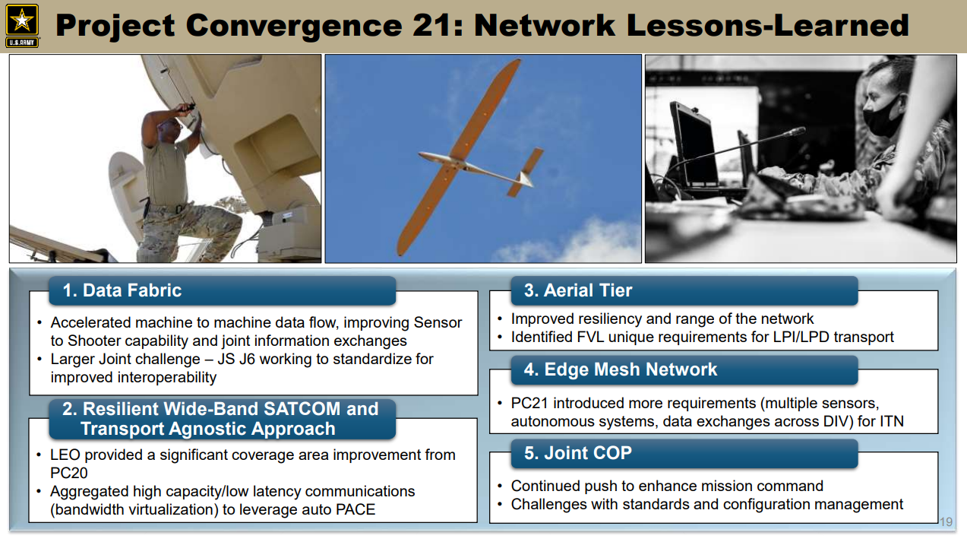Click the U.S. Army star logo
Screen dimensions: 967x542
click(22, 26)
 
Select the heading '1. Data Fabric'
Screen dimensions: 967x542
click(122, 290)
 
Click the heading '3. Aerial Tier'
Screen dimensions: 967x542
click(578, 290)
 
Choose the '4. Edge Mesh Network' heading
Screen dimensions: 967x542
click(621, 369)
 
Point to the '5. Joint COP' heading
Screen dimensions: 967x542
click(578, 453)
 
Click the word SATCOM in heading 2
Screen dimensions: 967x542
click(302, 408)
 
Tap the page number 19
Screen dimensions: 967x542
click(946, 521)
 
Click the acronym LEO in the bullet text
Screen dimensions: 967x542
click(65, 455)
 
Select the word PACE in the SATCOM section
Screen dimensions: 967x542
click(356, 509)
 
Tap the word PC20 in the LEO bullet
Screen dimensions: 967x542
click(69, 473)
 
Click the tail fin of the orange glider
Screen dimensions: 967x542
click(526, 173)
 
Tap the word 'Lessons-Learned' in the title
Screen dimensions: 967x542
click(767, 26)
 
